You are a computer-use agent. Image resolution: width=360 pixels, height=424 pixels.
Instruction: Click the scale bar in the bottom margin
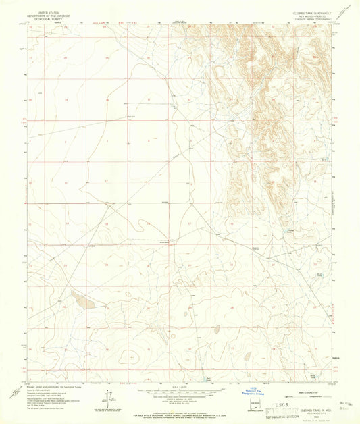tap(180, 391)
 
